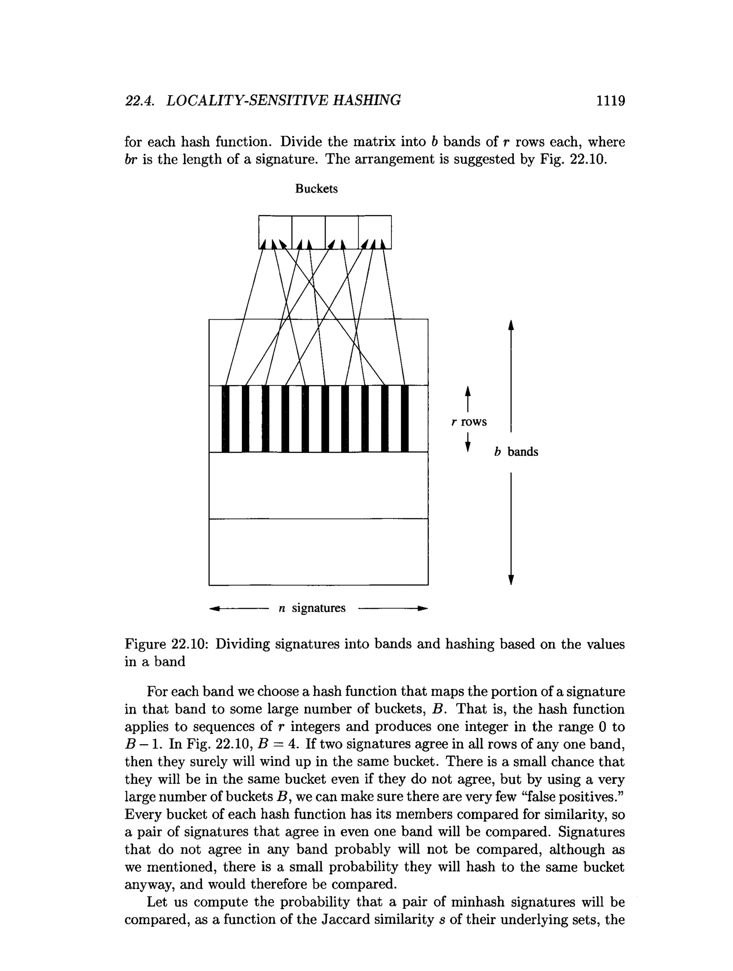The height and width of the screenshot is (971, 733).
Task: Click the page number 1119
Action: pyautogui.click(x=610, y=101)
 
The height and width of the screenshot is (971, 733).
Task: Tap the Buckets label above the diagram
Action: pyautogui.click(x=316, y=189)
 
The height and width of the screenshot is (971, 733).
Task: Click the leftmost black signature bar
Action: pyautogui.click(x=225, y=419)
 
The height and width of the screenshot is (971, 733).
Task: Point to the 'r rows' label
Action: pyautogui.click(x=469, y=422)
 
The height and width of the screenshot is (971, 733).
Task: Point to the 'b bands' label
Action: pyautogui.click(x=516, y=452)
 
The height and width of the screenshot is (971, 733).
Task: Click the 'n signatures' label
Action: pyautogui.click(x=312, y=608)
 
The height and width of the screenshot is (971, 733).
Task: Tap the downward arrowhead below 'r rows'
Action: pyautogui.click(x=468, y=446)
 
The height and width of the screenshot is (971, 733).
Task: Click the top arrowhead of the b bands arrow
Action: pyautogui.click(x=510, y=325)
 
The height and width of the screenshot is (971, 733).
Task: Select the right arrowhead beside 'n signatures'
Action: pyautogui.click(x=422, y=608)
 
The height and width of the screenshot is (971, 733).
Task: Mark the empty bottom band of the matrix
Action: pyautogui.click(x=318, y=552)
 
